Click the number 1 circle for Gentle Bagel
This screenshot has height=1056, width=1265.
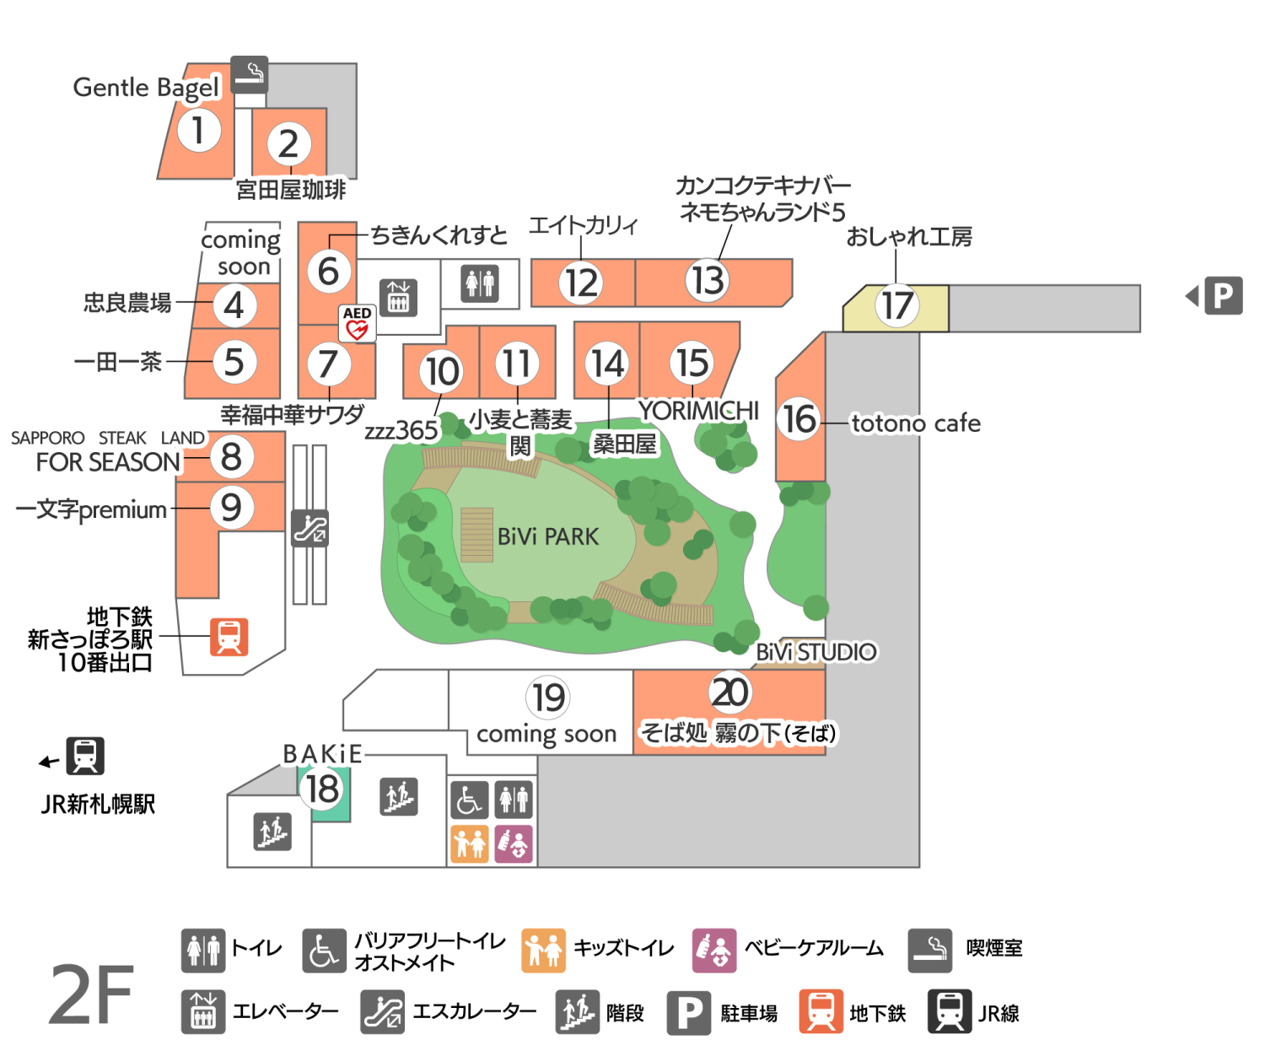pos(198,131)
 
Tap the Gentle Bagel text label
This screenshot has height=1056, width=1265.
pos(146,88)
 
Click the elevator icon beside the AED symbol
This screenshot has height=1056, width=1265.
pos(398,297)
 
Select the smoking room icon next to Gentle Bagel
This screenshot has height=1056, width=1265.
pos(250,74)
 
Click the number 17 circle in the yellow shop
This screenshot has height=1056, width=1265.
pos(896,305)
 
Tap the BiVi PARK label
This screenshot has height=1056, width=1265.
pos(548,536)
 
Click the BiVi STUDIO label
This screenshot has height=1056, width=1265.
pos(816,652)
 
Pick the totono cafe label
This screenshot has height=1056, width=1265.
pos(916,423)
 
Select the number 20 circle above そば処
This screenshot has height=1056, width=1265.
pos(729,692)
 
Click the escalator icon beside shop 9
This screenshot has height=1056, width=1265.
pos(310,528)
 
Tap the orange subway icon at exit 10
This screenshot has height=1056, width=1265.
pos(229,637)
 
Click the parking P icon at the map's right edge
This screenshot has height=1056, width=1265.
pos(1223,295)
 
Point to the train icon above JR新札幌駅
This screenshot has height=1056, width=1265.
pos(85,756)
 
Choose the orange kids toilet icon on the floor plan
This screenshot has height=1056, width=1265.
pos(470,843)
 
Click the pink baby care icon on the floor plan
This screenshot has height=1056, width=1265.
pos(514,843)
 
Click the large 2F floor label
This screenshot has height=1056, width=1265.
pos(91,995)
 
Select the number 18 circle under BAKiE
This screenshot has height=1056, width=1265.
pos(323,789)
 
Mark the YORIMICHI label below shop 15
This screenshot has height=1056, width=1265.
pos(698,411)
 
